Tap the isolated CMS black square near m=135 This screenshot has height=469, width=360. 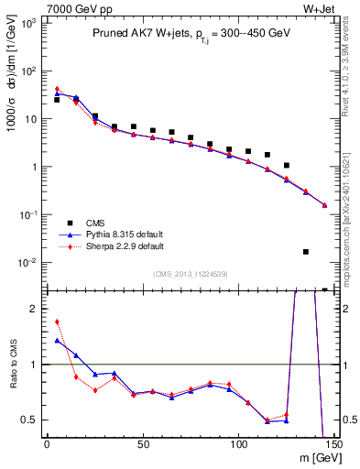coord(305,252)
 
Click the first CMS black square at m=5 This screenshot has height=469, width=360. coord(57,100)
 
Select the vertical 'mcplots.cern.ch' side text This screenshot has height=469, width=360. coord(352,220)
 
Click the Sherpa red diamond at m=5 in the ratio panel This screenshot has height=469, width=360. coord(57,322)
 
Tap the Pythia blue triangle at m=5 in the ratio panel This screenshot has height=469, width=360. coord(57,341)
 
